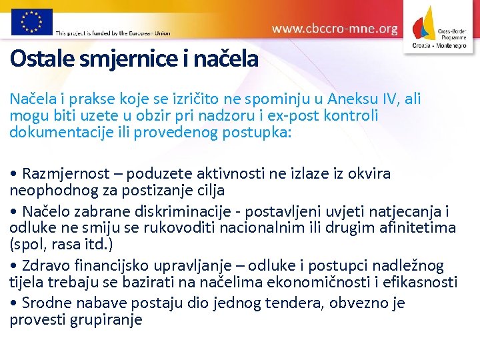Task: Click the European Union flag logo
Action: (31, 21)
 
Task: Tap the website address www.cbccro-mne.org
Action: (335, 29)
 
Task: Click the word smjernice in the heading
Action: (127, 59)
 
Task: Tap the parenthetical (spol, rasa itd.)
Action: (61, 243)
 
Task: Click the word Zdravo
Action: (46, 266)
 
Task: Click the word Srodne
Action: (46, 303)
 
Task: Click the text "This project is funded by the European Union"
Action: (113, 32)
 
